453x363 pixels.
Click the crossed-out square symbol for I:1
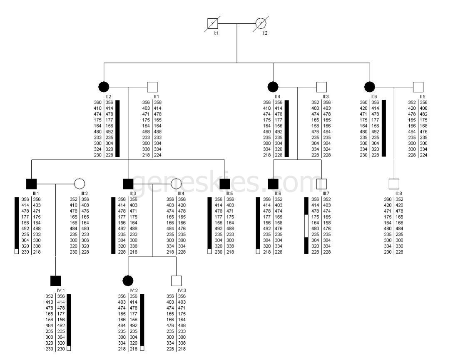point(213,24)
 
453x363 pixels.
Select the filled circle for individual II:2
point(104,87)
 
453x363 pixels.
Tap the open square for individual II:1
point(152,87)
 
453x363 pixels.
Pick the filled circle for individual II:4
point(273,87)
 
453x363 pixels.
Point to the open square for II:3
point(321,87)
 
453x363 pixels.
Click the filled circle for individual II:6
point(370,87)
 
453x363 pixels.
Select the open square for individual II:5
point(418,87)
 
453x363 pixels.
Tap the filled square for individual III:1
point(31,184)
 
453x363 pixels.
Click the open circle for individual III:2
point(80,184)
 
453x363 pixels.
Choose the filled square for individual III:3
point(128,184)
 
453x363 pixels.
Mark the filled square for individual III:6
point(273,184)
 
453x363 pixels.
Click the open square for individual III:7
point(321,184)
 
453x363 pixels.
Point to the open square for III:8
point(394,184)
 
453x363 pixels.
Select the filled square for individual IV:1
point(55,281)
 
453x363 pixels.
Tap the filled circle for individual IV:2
point(128,281)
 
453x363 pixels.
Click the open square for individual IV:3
point(177,281)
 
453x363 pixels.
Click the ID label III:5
point(229,194)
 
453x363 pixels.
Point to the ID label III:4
point(181,194)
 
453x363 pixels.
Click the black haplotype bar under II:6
point(383,128)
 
